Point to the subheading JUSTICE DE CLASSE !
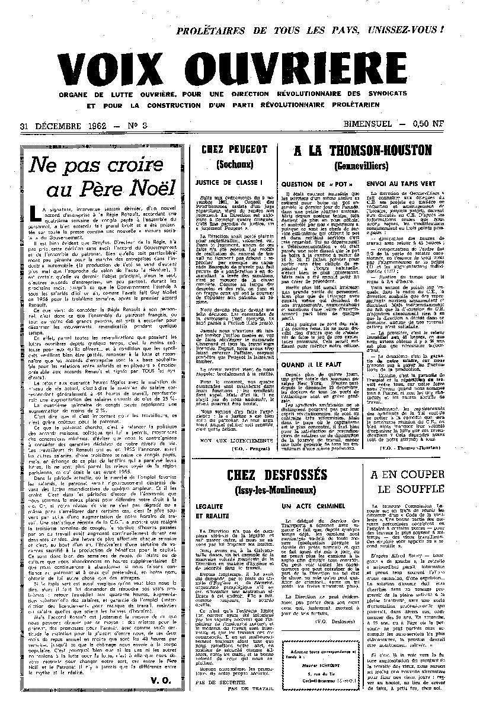click(x=220, y=183)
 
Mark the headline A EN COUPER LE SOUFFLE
click(x=407, y=482)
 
